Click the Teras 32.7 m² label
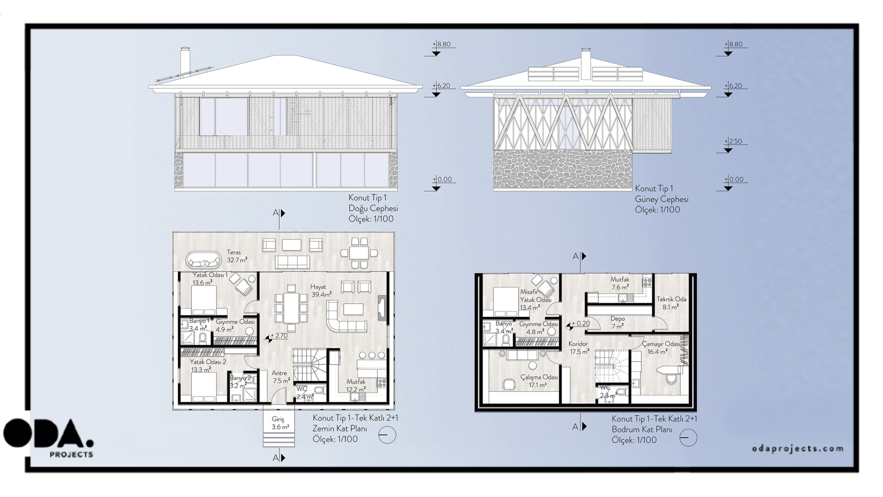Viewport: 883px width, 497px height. pos(237,256)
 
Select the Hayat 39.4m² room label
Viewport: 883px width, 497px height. pos(321,291)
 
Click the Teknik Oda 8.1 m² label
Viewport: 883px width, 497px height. pos(671,303)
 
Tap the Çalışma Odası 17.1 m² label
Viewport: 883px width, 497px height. pos(539,381)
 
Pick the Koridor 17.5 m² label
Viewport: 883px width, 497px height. pos(578,348)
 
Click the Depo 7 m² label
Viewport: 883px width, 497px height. pos(617,322)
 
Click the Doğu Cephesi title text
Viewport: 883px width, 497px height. pos(373,208)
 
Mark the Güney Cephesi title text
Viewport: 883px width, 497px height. pos(662,199)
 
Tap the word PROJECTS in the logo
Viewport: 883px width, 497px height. pos(71,455)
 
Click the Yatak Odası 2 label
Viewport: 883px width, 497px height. pos(208,366)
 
